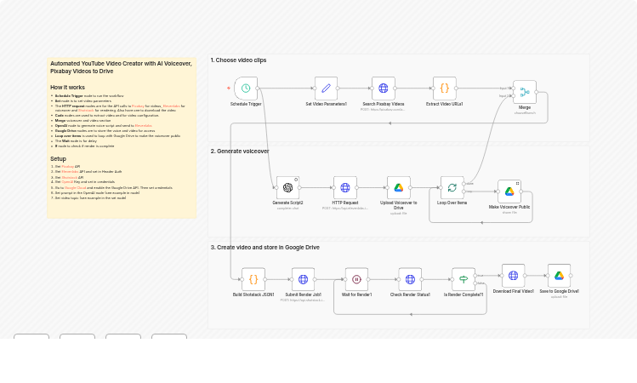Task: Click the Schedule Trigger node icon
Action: pos(246,88)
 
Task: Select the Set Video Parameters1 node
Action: pos(326,88)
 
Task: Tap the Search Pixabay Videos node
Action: pos(384,88)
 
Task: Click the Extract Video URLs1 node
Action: pos(444,88)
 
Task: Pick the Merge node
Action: pos(525,91)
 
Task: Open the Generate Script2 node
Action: pos(287,187)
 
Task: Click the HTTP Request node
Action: pos(345,187)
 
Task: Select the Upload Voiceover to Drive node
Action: pos(399,187)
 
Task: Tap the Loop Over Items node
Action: pos(452,187)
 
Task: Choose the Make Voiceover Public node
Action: pos(509,191)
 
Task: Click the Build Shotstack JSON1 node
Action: pos(253,278)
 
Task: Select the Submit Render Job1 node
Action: pos(303,278)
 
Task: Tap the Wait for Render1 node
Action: pos(356,278)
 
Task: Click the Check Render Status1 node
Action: pos(410,278)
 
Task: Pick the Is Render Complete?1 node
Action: pos(464,278)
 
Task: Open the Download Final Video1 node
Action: pos(513,275)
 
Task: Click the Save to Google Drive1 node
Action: pos(559,275)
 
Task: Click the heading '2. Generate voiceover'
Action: pos(240,151)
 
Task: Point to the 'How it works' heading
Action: pos(67,88)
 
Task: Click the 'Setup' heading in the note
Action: pos(58,158)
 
